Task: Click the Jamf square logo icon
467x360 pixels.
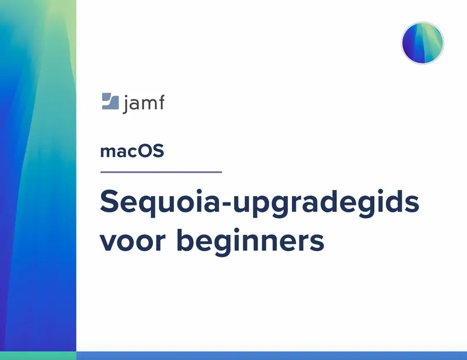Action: (x=110, y=102)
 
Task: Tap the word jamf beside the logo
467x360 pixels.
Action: (x=144, y=104)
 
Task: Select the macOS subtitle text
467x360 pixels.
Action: (x=133, y=151)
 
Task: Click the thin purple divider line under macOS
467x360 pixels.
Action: (x=161, y=172)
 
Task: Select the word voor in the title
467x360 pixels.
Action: (x=133, y=241)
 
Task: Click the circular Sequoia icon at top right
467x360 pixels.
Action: (x=422, y=43)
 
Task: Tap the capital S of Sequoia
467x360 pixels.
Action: (x=109, y=201)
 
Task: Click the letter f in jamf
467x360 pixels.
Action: (x=161, y=102)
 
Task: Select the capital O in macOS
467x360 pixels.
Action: (x=147, y=151)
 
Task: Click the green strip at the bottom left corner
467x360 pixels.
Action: (x=38, y=355)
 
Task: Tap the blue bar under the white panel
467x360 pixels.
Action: (x=271, y=355)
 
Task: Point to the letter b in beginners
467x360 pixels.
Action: (x=186, y=240)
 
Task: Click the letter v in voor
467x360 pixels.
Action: (x=109, y=242)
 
